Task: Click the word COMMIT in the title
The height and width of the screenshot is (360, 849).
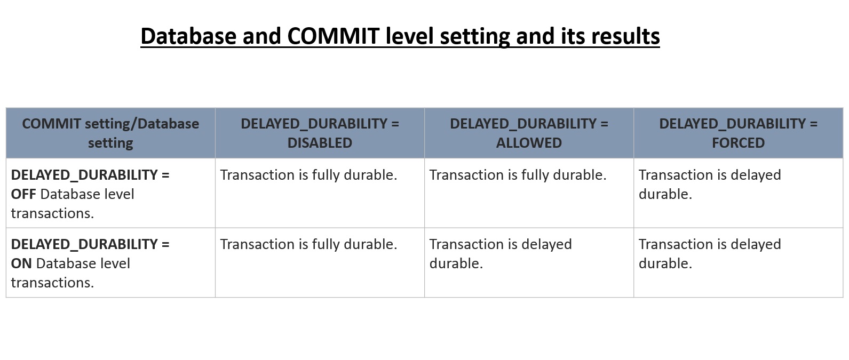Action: tap(333, 36)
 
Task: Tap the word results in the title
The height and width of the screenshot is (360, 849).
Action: tap(625, 36)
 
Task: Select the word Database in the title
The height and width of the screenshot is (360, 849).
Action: tap(188, 36)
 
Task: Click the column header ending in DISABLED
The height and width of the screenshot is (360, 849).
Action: tap(320, 133)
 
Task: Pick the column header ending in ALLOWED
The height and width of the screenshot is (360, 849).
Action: tap(529, 133)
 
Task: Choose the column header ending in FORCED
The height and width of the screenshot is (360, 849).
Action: tap(739, 133)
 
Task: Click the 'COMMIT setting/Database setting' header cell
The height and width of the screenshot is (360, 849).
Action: tap(110, 133)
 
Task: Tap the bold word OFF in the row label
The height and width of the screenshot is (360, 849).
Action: tap(23, 194)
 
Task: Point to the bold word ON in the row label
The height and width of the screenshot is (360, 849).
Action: tap(21, 263)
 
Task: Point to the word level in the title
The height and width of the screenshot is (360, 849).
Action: tap(409, 36)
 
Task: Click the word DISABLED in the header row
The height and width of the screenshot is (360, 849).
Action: tap(320, 143)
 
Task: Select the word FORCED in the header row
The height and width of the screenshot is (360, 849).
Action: tap(739, 143)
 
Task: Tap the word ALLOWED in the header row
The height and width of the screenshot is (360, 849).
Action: tap(529, 143)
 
